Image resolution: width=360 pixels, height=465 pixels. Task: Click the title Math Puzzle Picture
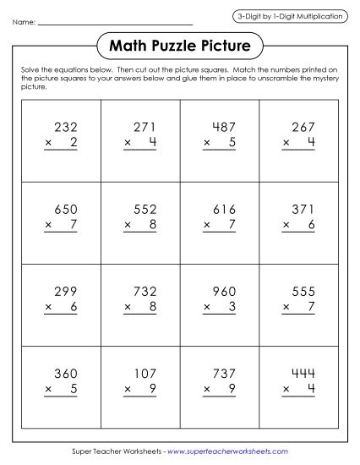tap(180, 41)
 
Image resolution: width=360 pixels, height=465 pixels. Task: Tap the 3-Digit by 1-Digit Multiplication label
tap(291, 16)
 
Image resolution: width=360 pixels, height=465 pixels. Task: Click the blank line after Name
tap(116, 23)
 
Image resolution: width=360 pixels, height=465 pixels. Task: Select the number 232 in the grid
tap(66, 127)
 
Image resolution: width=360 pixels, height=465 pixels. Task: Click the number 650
tap(66, 209)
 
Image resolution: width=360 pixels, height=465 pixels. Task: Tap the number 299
tap(66, 290)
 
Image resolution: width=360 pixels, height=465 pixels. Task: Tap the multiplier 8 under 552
tap(153, 225)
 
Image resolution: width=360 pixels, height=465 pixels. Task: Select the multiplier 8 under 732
tap(153, 306)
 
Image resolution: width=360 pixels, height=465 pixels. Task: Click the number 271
tap(145, 127)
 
